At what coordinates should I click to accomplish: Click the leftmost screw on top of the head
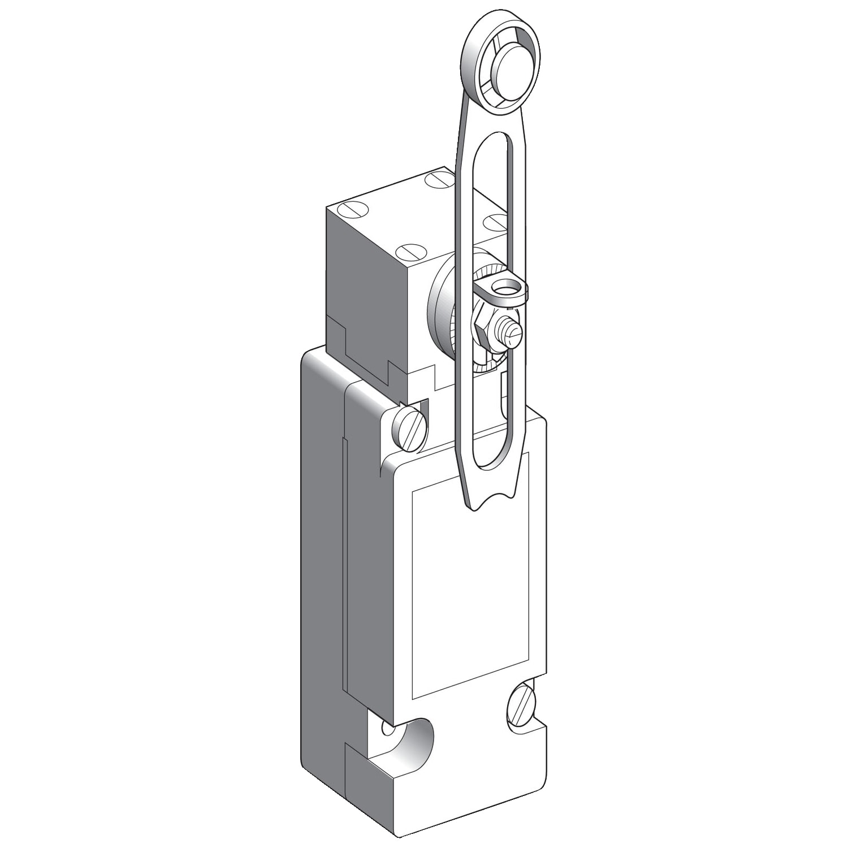349,210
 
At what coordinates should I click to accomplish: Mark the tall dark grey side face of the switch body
322,565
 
